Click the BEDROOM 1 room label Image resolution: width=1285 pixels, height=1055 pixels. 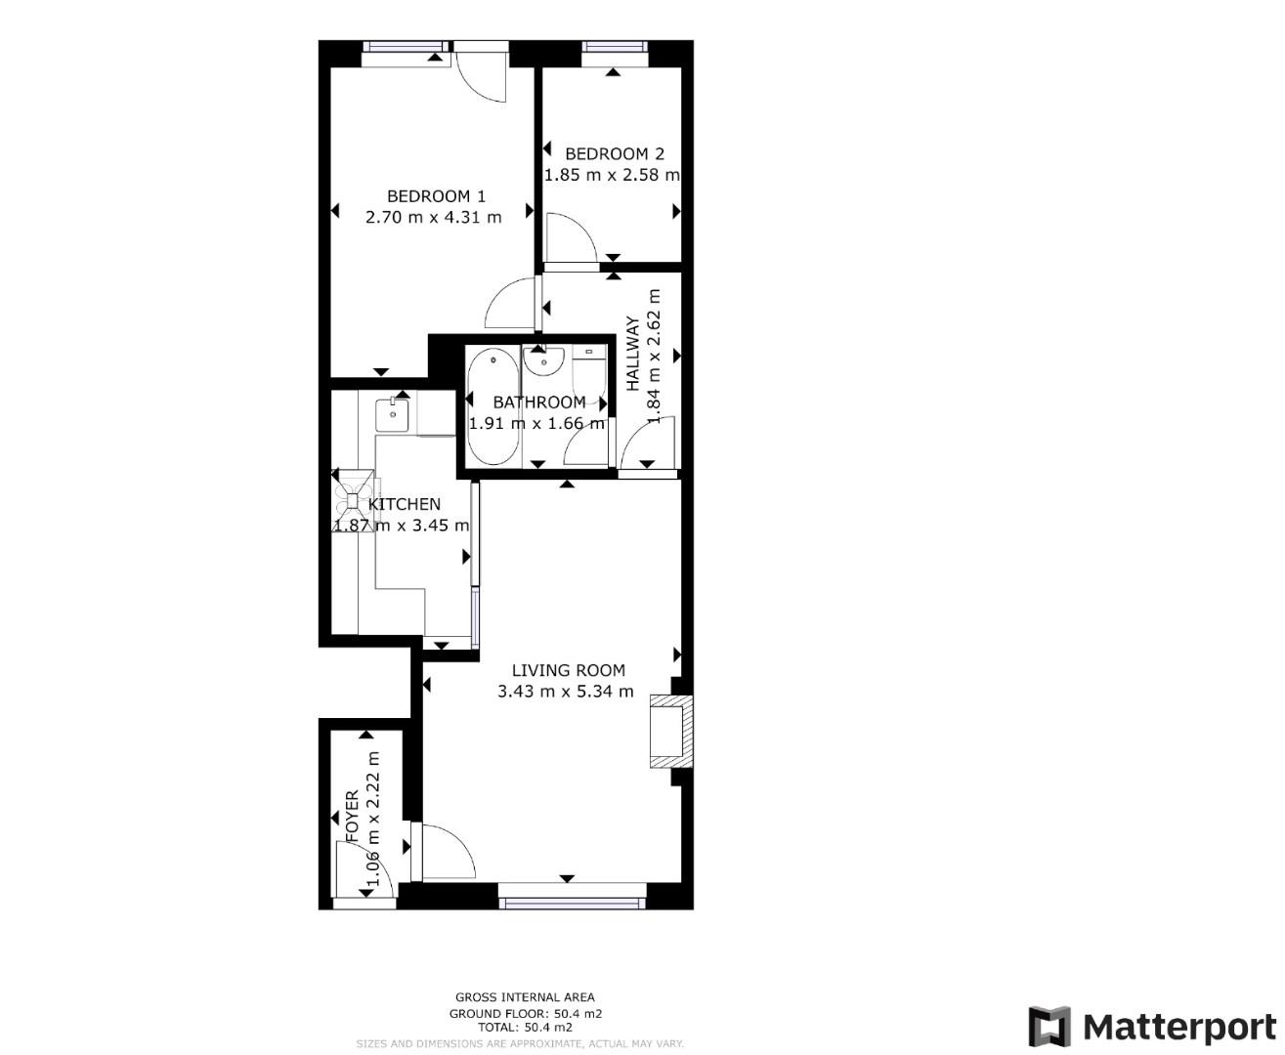(x=436, y=196)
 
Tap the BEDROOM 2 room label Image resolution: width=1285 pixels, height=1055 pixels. (x=614, y=153)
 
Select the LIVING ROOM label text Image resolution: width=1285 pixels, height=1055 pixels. (x=568, y=670)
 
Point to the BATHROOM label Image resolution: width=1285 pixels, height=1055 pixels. (x=538, y=402)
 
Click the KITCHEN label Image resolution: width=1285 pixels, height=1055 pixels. (x=404, y=504)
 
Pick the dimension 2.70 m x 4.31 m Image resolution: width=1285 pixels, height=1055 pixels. (x=433, y=217)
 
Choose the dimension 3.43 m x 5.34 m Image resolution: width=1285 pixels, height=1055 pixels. (x=565, y=692)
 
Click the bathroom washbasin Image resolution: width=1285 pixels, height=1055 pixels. (x=540, y=360)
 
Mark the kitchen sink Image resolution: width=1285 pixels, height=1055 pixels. (x=394, y=413)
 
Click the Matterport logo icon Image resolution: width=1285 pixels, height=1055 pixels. (x=1049, y=1027)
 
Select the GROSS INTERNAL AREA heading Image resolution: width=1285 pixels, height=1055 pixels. (x=524, y=997)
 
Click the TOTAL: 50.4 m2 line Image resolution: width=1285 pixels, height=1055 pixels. (x=524, y=1028)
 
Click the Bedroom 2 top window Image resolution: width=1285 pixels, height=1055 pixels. (x=615, y=46)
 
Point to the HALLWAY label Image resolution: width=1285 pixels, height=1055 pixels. (x=633, y=353)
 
